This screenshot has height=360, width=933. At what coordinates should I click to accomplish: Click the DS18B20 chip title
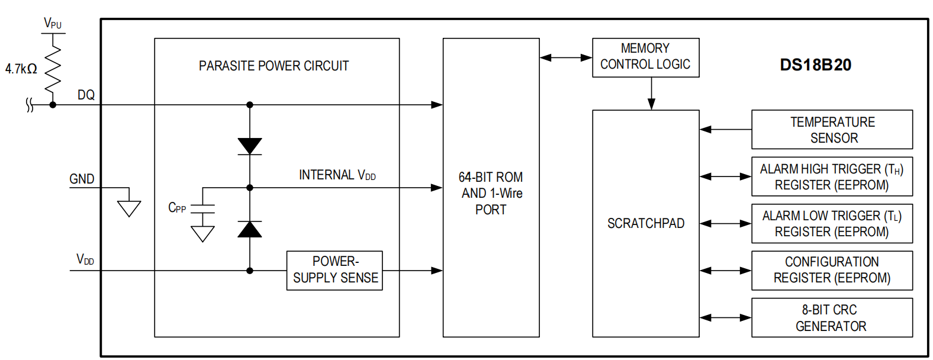pos(815,65)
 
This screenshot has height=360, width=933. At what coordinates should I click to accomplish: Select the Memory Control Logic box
pos(645,57)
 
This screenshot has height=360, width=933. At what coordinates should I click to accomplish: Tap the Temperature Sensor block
pos(832,129)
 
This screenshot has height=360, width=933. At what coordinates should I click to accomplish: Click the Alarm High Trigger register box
pos(832,176)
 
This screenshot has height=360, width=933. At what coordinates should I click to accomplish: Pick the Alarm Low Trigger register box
pos(832,223)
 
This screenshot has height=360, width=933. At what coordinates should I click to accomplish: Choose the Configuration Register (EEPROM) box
pos(832,270)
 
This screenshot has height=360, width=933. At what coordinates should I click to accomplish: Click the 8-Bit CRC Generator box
pos(832,317)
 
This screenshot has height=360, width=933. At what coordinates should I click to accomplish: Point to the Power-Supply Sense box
pos(334,270)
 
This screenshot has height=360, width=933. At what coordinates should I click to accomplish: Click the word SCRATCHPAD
pos(645,223)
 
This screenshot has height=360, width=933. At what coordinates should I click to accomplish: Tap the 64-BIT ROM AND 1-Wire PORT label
pos(491,193)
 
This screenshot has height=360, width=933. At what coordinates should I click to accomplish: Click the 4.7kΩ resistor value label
pos(21,69)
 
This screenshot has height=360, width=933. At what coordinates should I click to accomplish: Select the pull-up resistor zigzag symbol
pos(53,68)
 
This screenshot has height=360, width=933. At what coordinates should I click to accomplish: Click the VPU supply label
pos(52,24)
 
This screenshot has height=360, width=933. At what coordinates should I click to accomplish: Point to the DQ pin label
pos(86,95)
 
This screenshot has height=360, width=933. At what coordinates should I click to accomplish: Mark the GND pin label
pos(82,179)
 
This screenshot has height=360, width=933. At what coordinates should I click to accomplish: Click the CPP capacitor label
pos(177,208)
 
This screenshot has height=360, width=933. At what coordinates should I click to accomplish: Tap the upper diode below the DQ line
pos(250,146)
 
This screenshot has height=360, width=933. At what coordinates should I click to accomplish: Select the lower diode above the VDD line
pos(250,229)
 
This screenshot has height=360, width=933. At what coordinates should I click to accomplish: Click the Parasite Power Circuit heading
pos(274,66)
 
